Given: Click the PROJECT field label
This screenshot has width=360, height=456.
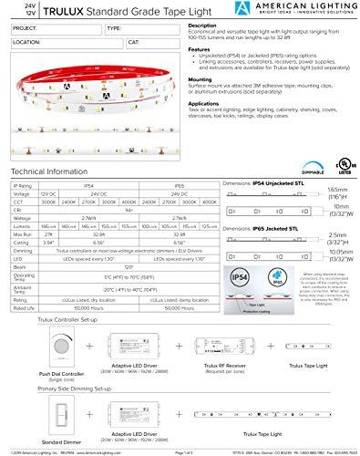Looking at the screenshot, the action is tap(25, 28).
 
